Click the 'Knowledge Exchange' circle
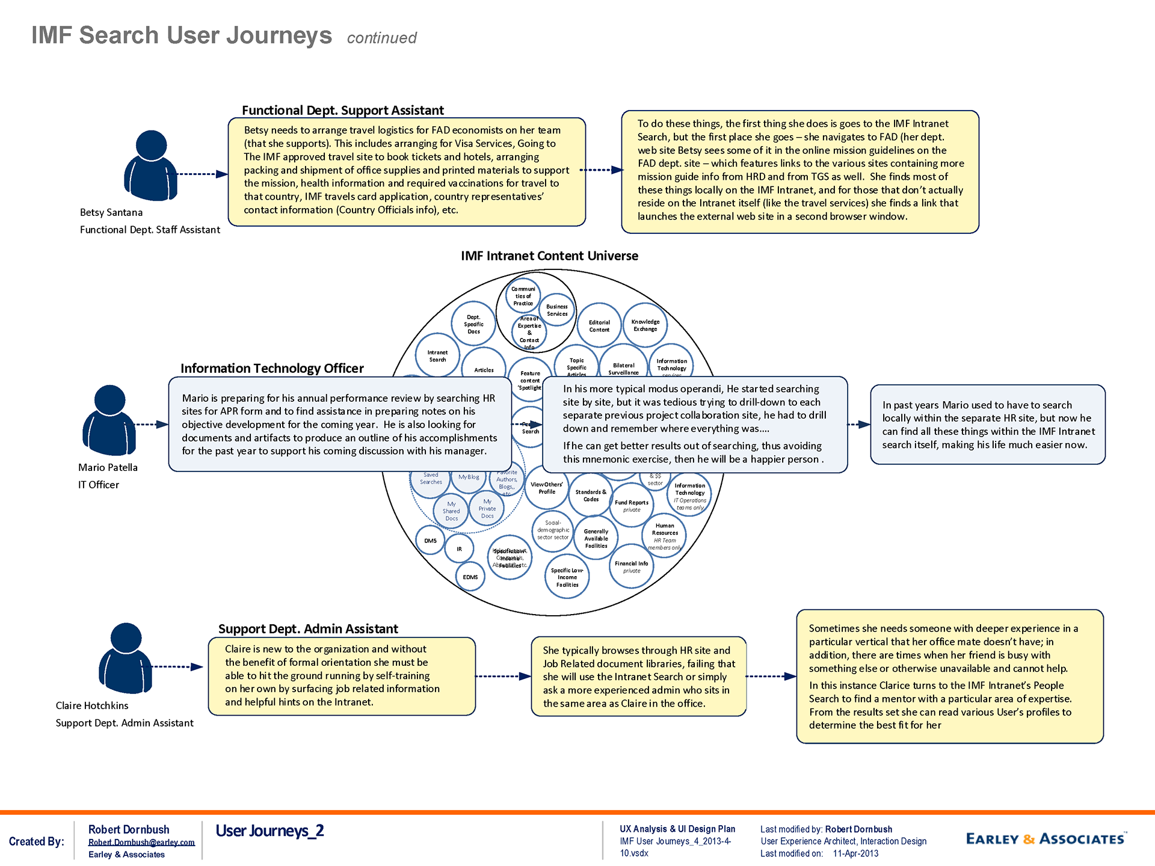click(645, 325)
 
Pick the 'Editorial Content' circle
click(599, 326)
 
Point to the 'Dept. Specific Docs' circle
click(473, 324)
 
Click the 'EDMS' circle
click(470, 577)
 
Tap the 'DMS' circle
click(430, 541)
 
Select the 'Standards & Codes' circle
click(591, 496)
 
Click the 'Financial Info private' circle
click(631, 567)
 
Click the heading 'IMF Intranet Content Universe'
click(549, 256)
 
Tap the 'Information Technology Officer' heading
click(272, 369)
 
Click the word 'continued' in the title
click(381, 38)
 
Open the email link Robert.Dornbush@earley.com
click(141, 843)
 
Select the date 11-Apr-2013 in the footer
click(855, 854)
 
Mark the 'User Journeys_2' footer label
click(269, 831)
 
